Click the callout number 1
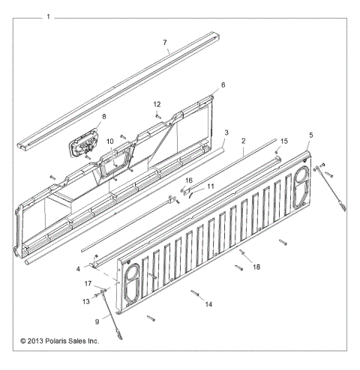(49, 16)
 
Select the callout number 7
(166, 44)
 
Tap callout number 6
(222, 86)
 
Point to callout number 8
(104, 117)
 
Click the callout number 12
(157, 104)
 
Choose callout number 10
(109, 141)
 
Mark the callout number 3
(226, 133)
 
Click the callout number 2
(243, 141)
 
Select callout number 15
(283, 140)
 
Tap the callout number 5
(310, 135)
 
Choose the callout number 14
(208, 303)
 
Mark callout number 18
(256, 267)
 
